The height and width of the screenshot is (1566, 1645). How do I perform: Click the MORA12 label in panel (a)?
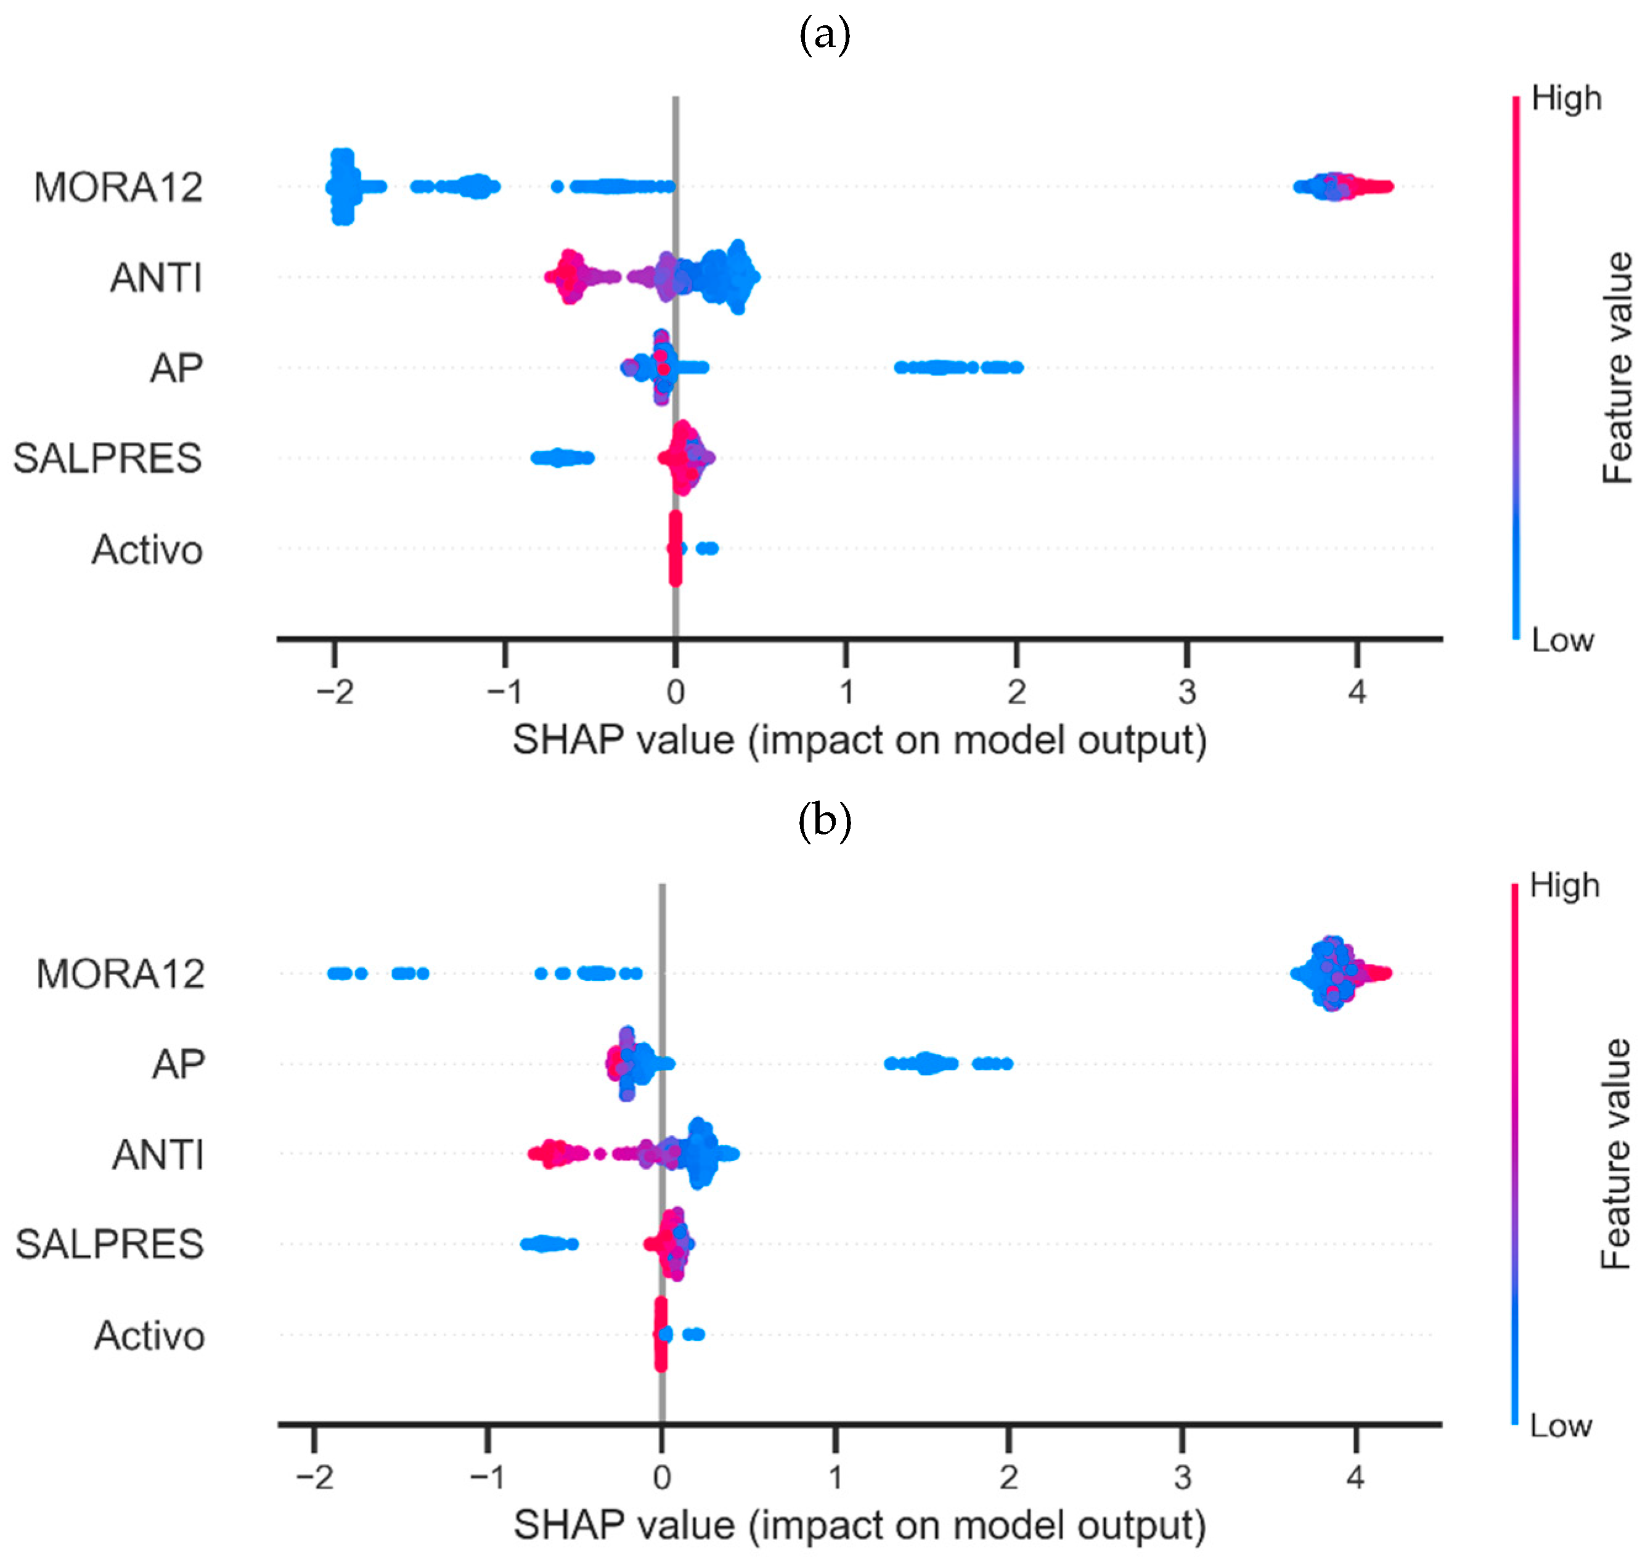pos(118,187)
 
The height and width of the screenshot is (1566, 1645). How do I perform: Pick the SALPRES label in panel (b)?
pos(109,1244)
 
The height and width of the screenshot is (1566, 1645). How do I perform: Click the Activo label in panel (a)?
pos(147,549)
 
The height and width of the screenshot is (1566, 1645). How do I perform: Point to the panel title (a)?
pos(825,36)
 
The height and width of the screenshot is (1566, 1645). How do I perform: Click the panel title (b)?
pos(825,822)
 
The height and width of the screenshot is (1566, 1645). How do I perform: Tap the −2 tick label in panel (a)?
pos(335,692)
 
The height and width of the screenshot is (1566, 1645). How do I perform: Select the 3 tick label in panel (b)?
pos(1182,1477)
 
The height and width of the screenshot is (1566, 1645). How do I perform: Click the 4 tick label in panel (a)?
pos(1357,692)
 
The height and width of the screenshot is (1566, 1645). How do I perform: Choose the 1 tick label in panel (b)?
pos(835,1477)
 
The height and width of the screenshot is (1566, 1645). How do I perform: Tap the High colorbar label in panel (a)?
pos(1565,99)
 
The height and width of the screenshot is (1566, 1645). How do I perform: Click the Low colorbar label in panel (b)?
pos(1560,1425)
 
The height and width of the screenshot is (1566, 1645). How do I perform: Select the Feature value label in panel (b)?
pos(1615,1154)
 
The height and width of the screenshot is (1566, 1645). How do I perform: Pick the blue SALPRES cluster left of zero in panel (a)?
pos(561,457)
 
